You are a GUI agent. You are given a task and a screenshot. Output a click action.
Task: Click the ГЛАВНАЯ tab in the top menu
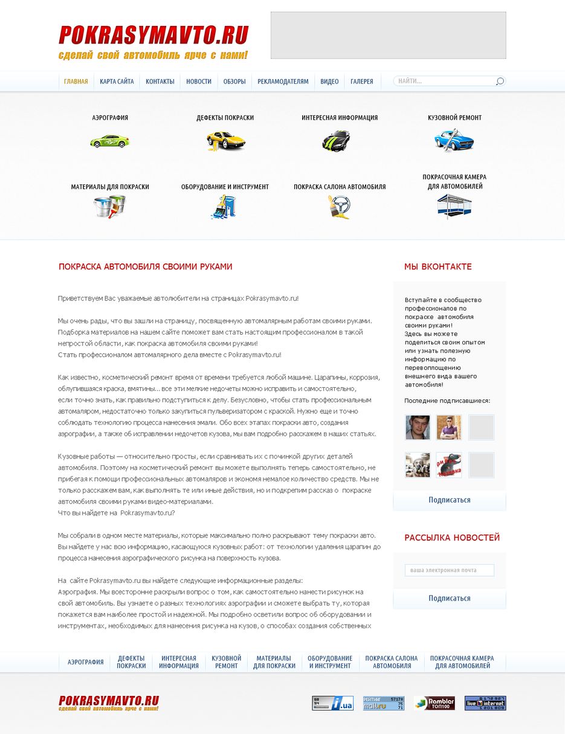click(76, 82)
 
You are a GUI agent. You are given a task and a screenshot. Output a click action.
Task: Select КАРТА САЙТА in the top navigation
click(117, 82)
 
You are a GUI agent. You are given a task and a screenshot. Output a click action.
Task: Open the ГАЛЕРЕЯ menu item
click(362, 82)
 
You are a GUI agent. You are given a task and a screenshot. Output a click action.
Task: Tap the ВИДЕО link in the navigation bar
click(329, 82)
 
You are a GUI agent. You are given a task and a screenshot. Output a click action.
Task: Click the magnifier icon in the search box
click(500, 82)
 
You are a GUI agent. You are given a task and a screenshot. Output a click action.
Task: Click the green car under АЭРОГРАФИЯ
click(109, 141)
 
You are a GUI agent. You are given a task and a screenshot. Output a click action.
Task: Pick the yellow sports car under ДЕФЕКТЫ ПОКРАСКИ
click(225, 141)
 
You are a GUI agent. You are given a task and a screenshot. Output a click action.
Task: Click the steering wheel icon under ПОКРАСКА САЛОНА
click(340, 207)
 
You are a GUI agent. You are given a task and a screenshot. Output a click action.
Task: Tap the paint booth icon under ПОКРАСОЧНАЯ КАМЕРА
click(454, 206)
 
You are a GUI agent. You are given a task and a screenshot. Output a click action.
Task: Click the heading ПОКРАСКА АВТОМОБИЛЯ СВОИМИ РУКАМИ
click(145, 266)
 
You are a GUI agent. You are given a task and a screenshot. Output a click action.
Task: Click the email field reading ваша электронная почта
click(449, 570)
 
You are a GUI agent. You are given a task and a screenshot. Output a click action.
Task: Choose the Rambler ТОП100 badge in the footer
click(434, 703)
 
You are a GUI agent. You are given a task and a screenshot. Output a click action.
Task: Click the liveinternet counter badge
click(485, 703)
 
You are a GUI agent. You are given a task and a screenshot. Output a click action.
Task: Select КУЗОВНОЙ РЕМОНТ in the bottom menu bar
click(227, 662)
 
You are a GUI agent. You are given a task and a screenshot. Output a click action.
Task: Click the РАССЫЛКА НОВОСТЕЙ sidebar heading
click(452, 538)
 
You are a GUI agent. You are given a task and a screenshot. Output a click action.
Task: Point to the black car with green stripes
click(336, 141)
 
